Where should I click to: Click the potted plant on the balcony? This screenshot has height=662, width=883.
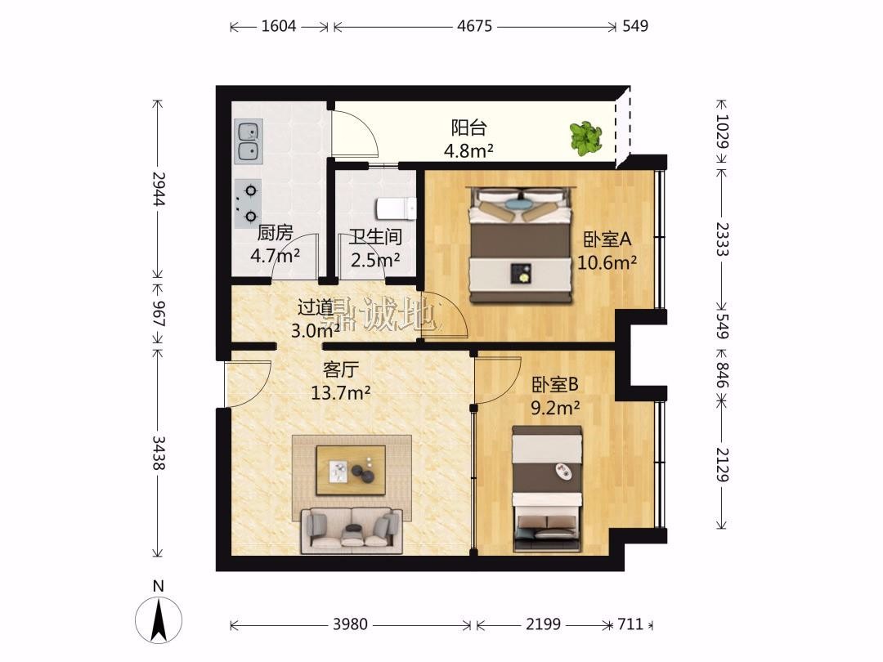(585, 138)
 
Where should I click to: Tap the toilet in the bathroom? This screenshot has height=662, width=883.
(396, 209)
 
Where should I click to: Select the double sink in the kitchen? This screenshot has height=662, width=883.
(249, 141)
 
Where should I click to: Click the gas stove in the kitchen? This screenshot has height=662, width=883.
(249, 204)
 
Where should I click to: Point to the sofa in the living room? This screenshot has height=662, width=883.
(352, 530)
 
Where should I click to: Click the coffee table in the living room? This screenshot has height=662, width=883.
(351, 470)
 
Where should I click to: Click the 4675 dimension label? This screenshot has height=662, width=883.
(475, 26)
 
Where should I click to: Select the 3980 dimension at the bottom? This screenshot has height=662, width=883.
(350, 624)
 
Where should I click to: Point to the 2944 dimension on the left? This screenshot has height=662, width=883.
(159, 188)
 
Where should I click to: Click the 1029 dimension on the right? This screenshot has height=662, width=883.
(722, 131)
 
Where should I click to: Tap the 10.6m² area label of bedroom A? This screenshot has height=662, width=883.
(607, 262)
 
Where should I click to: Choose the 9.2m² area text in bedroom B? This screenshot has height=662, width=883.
(555, 408)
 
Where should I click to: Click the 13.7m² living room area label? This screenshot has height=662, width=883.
(341, 392)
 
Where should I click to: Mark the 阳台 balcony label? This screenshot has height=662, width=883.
(468, 127)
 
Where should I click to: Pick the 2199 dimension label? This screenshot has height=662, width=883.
(544, 624)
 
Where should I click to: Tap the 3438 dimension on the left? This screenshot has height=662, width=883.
(159, 453)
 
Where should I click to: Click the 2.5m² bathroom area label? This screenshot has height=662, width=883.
(375, 260)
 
